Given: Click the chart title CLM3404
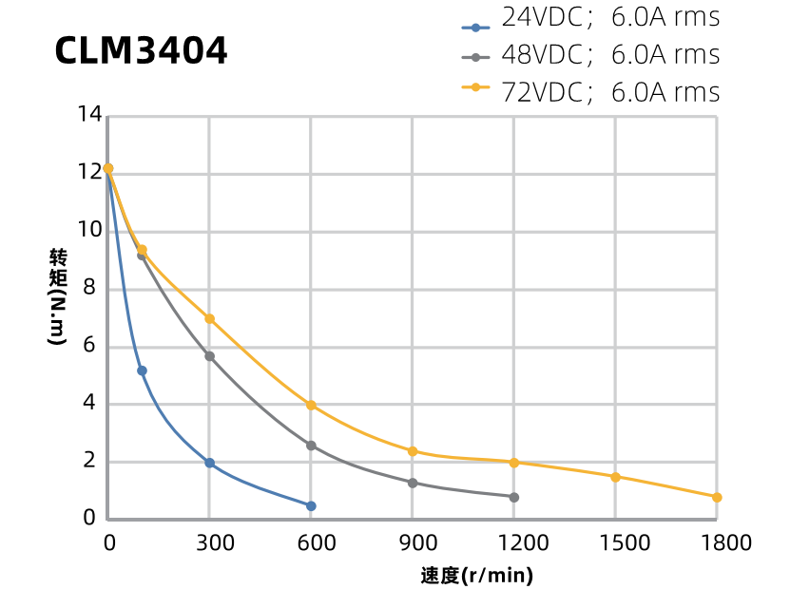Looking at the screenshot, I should click(x=141, y=51).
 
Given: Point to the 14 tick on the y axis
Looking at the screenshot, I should click(x=89, y=115).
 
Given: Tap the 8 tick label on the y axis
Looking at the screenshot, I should click(x=89, y=288).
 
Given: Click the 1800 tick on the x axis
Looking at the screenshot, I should click(x=717, y=542).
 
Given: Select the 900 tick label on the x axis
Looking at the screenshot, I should click(x=413, y=542).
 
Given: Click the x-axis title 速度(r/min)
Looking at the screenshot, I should click(x=476, y=576).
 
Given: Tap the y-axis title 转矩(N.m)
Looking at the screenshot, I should click(x=58, y=296).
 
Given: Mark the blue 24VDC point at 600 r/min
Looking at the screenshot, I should click(x=311, y=505).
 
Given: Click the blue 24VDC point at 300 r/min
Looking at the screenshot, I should click(x=209, y=463).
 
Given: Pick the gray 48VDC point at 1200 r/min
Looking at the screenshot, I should click(x=514, y=497).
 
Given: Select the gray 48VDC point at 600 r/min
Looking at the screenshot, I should click(x=311, y=445).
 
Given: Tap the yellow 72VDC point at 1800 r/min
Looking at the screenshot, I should click(x=717, y=497).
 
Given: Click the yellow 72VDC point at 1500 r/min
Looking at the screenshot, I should click(x=615, y=477).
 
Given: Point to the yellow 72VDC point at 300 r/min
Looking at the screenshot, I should click(x=209, y=318).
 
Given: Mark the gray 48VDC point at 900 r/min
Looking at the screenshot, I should click(x=413, y=483).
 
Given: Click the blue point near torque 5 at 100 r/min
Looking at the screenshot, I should click(x=142, y=370).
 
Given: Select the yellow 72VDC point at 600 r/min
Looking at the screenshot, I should click(x=311, y=405).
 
